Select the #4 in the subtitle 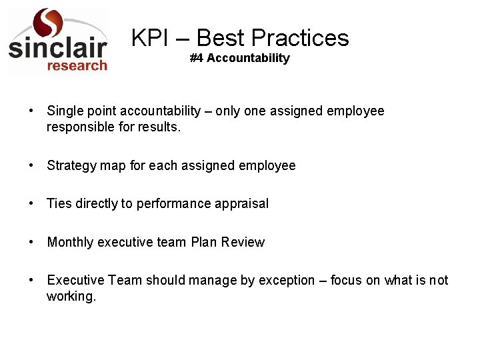(197, 58)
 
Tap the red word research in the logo (77, 65)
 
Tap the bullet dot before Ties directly (31, 203)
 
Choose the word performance (173, 203)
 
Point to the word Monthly (70, 242)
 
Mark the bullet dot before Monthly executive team (31, 242)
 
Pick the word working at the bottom (71, 296)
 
